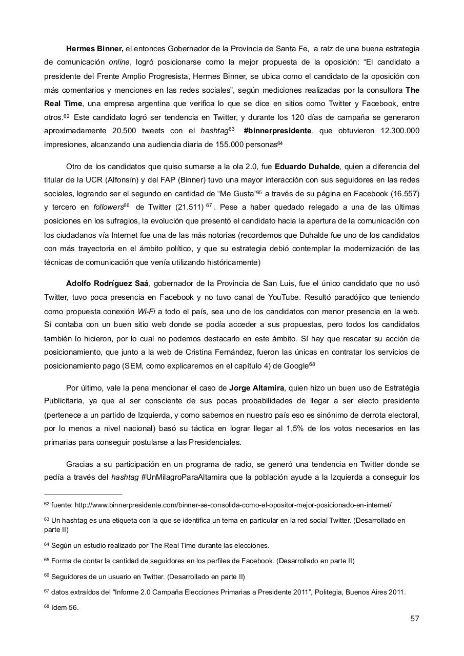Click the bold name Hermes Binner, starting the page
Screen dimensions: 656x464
point(94,49)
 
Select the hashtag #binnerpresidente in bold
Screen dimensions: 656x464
point(277,131)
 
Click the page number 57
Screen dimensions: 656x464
point(414,618)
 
